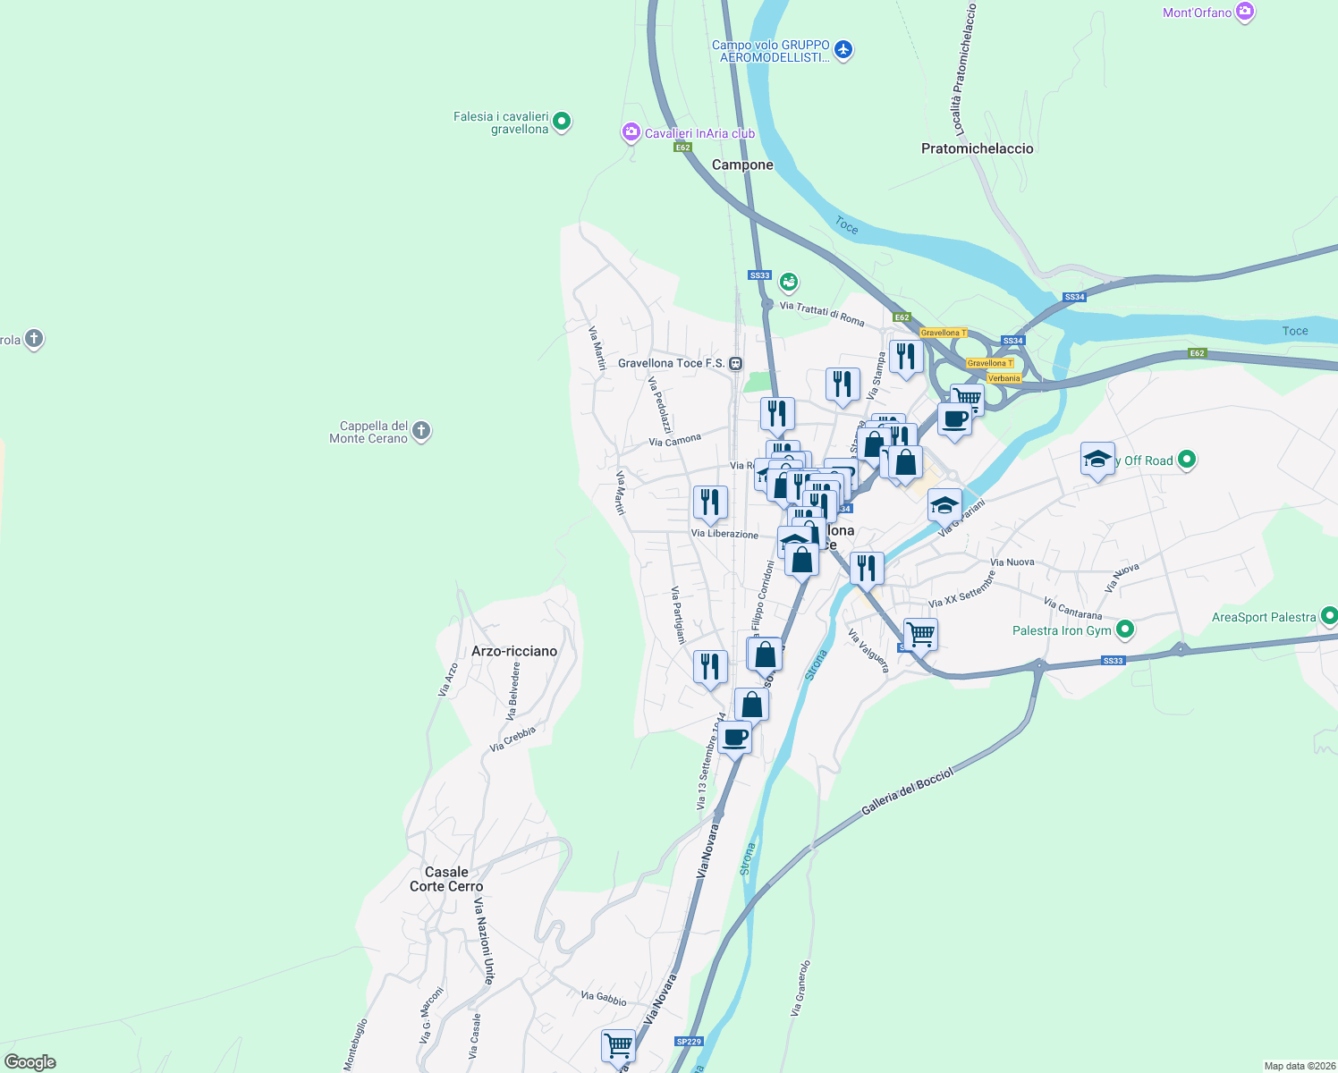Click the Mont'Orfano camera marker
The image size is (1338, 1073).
[x=1244, y=12]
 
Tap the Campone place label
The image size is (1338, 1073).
[x=742, y=165]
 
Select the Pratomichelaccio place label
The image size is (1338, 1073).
[x=977, y=148]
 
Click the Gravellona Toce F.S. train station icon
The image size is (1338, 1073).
[x=735, y=363]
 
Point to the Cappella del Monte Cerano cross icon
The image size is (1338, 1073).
[x=421, y=431]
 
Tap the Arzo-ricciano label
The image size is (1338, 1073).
[x=514, y=651]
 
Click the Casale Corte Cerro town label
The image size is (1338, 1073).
[x=446, y=879]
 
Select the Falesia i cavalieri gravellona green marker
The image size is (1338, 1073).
[x=562, y=120]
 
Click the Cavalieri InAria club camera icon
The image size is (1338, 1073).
[x=631, y=133]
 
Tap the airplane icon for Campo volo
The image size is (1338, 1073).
[x=843, y=50]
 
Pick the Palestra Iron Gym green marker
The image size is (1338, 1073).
[x=1125, y=629]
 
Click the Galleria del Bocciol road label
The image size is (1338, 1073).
[x=907, y=791]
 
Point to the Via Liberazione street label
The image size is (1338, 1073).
[x=724, y=534]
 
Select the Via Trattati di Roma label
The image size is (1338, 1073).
[x=822, y=313]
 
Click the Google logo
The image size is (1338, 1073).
[x=30, y=1061]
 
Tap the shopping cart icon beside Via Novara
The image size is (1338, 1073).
[x=618, y=1044]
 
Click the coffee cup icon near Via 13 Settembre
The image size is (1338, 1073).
[x=734, y=738]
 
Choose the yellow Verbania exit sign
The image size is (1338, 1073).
[x=1003, y=378]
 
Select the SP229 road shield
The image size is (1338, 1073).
[x=689, y=1042]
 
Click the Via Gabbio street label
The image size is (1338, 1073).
[x=604, y=998]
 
